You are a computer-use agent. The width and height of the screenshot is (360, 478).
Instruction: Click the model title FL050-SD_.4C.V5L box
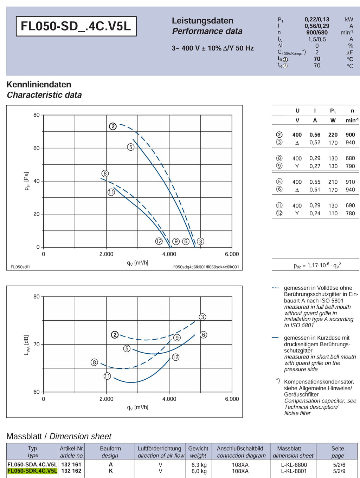click(x=76, y=26)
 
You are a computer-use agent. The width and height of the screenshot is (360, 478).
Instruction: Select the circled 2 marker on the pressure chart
click(x=112, y=126)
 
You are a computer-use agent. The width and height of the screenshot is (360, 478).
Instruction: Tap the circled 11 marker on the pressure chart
click(x=111, y=192)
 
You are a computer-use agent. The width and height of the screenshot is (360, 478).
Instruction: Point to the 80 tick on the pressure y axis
click(x=37, y=115)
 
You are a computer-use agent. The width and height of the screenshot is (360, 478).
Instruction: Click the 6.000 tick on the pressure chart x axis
click(x=232, y=254)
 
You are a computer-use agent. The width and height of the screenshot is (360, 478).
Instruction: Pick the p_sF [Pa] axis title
click(x=27, y=181)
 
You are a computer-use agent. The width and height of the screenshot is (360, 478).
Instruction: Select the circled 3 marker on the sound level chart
click(x=202, y=317)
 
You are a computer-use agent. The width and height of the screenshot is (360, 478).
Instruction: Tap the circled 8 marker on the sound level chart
click(x=94, y=362)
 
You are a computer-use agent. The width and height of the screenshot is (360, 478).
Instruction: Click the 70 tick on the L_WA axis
click(x=37, y=344)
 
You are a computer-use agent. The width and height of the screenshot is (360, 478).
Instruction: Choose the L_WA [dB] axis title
click(x=26, y=345)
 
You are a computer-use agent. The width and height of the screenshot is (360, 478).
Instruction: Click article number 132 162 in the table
click(x=71, y=471)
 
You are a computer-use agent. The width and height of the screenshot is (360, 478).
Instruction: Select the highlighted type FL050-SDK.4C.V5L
click(x=32, y=471)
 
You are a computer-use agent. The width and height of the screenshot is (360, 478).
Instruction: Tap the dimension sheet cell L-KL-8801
click(x=294, y=471)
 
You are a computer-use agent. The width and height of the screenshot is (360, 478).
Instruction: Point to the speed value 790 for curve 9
click(x=350, y=166)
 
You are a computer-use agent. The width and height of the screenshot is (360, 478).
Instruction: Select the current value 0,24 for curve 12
click(x=315, y=214)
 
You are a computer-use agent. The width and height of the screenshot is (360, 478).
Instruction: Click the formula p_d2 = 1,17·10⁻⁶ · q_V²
click(x=317, y=266)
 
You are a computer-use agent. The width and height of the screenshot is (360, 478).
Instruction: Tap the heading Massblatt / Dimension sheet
click(x=59, y=436)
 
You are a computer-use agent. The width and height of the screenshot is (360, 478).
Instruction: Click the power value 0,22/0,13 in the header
click(x=317, y=19)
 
